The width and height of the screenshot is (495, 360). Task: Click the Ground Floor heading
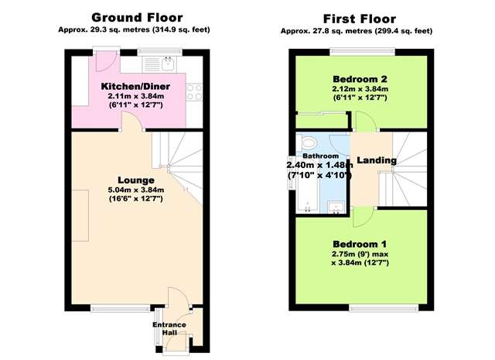pyautogui.click(x=137, y=18)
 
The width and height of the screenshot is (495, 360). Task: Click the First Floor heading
pyautogui.click(x=360, y=19)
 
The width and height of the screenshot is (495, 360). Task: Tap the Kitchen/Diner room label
pyautogui.click(x=135, y=86)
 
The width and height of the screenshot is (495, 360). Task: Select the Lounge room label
pyautogui.click(x=136, y=180)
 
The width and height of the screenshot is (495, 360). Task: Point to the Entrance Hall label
pyautogui.click(x=169, y=328)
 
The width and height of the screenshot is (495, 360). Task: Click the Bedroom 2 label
pyautogui.click(x=360, y=79)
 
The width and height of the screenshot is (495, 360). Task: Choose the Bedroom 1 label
pyautogui.click(x=360, y=244)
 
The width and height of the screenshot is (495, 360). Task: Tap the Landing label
pyautogui.click(x=377, y=160)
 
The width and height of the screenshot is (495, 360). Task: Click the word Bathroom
pyautogui.click(x=320, y=156)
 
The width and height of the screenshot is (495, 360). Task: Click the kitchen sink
pyautogui.click(x=169, y=63)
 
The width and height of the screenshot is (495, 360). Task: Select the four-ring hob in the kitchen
pyautogui.click(x=194, y=91)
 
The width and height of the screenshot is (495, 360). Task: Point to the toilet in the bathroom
pyautogui.click(x=309, y=143)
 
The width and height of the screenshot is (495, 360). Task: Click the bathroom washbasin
pyautogui.click(x=336, y=207)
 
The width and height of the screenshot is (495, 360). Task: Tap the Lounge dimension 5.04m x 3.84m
pyautogui.click(x=136, y=190)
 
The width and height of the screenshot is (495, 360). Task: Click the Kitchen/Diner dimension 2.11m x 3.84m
pyautogui.click(x=136, y=96)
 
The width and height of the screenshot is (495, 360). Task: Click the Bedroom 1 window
pyautogui.click(x=384, y=307)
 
